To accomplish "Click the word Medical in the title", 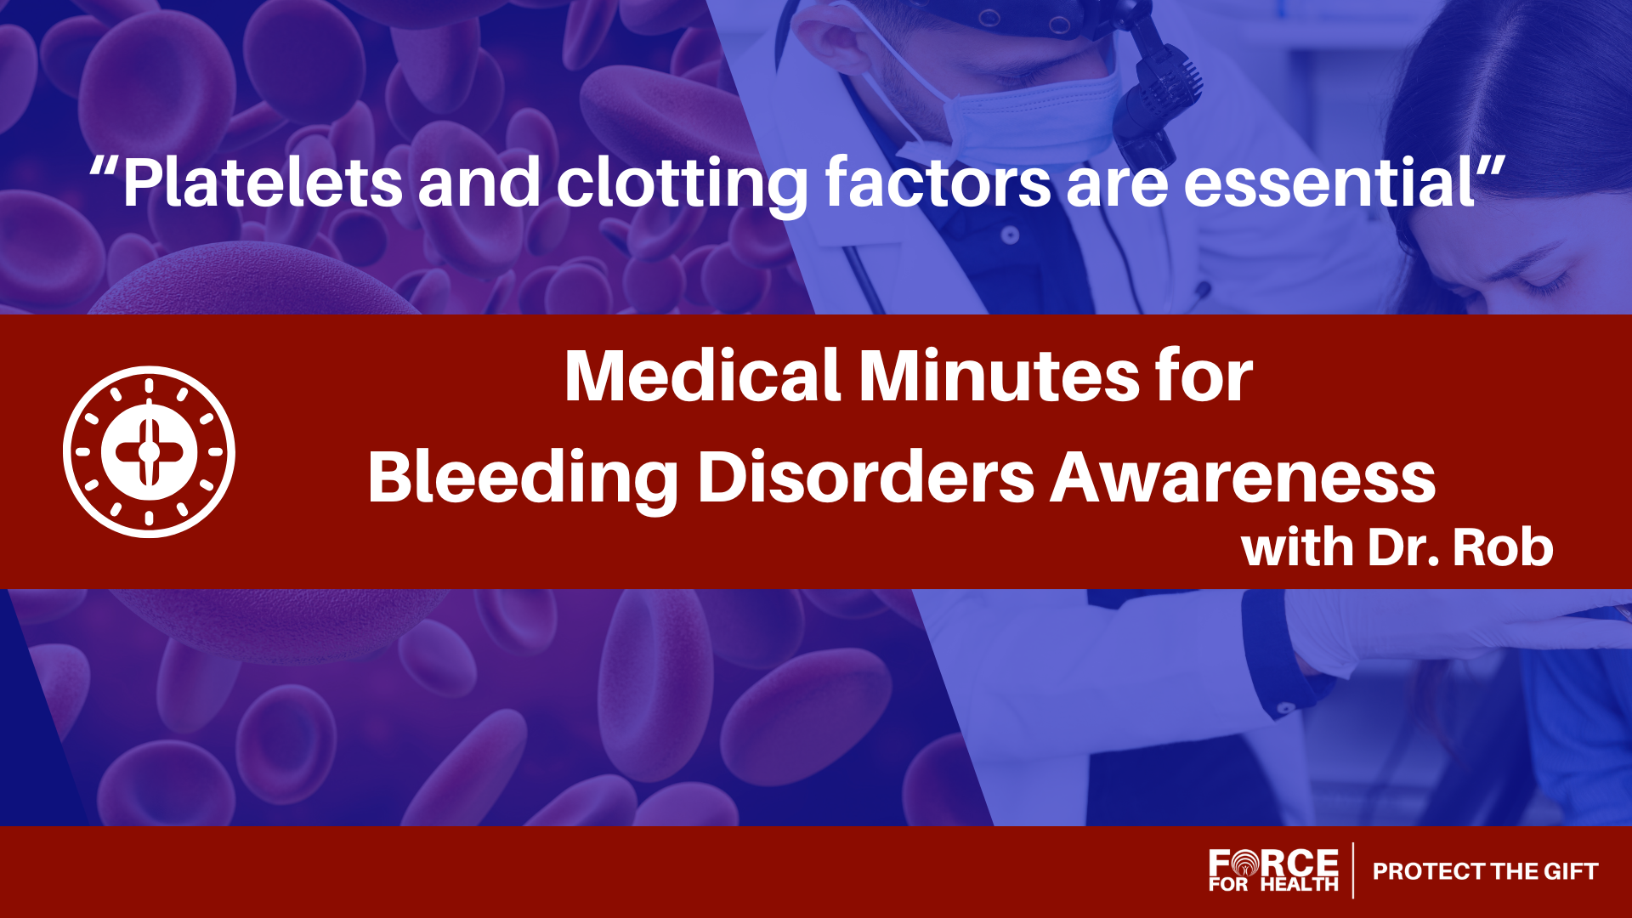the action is (x=703, y=376).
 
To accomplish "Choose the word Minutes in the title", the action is (x=999, y=376).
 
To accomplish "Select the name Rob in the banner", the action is (x=1503, y=547).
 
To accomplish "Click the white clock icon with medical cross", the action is (x=149, y=452).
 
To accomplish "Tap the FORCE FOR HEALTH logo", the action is (x=1273, y=870).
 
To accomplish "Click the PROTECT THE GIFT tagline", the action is (x=1485, y=871).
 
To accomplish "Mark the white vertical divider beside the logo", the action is (x=1353, y=870).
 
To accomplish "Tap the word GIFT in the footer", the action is (x=1571, y=871).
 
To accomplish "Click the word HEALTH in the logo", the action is (x=1299, y=885).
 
